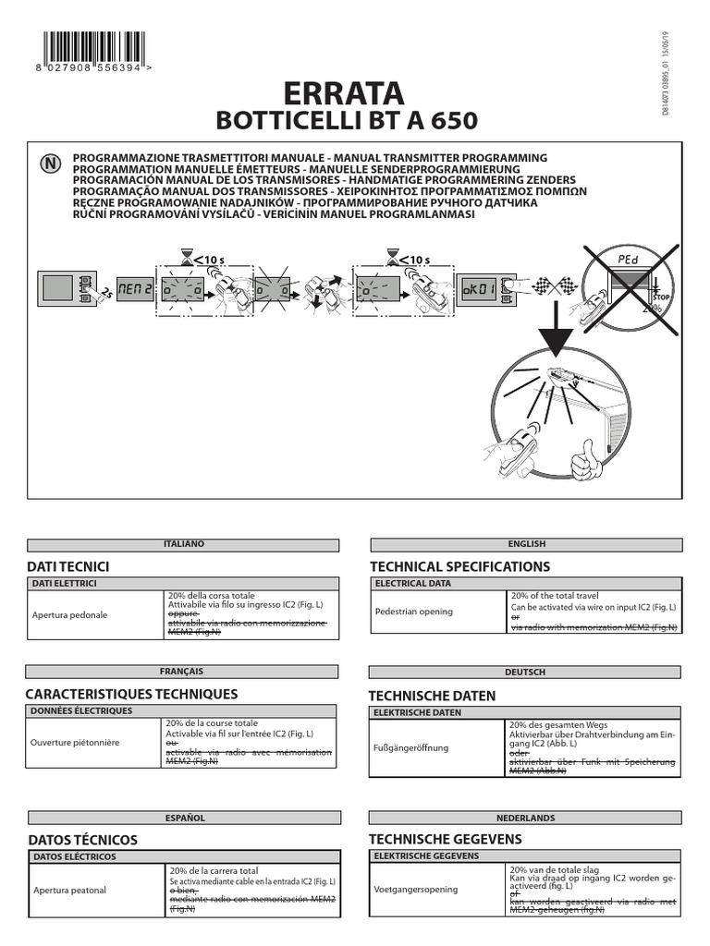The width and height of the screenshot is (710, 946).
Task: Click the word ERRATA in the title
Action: point(347,93)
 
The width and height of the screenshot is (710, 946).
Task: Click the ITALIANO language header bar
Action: point(183,545)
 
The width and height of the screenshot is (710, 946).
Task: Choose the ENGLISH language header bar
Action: point(526,545)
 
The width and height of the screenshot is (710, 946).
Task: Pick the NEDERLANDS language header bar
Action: point(525,818)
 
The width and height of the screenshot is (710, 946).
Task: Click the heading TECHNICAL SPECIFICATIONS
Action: point(459,566)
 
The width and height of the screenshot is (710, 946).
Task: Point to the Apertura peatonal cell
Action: point(69,891)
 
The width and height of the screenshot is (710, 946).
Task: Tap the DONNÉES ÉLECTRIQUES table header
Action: point(83,711)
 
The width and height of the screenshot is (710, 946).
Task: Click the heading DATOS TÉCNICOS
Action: point(83,840)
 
